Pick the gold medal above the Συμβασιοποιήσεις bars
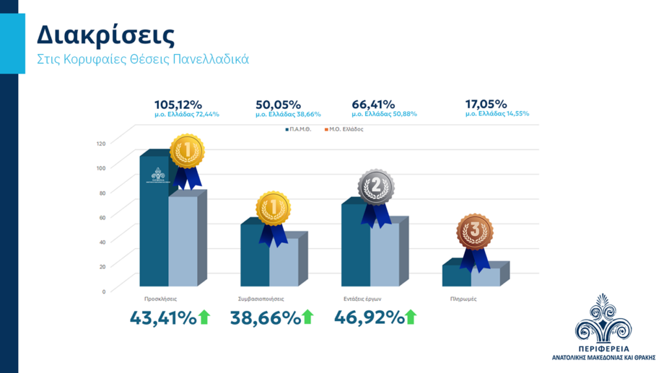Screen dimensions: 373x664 pos(273,209)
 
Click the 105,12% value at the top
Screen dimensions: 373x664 pos(178,104)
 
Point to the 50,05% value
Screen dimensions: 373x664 pos(278,104)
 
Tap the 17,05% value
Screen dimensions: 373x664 pos(486,104)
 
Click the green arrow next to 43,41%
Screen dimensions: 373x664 pos(205,317)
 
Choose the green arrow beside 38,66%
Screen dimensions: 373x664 pos(307,317)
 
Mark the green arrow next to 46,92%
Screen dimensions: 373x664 pos(410,317)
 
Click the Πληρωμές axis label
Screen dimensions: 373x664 pos(463,299)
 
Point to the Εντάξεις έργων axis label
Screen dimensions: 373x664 pos(361,299)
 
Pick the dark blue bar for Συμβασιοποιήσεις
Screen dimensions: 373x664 pos(254,256)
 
